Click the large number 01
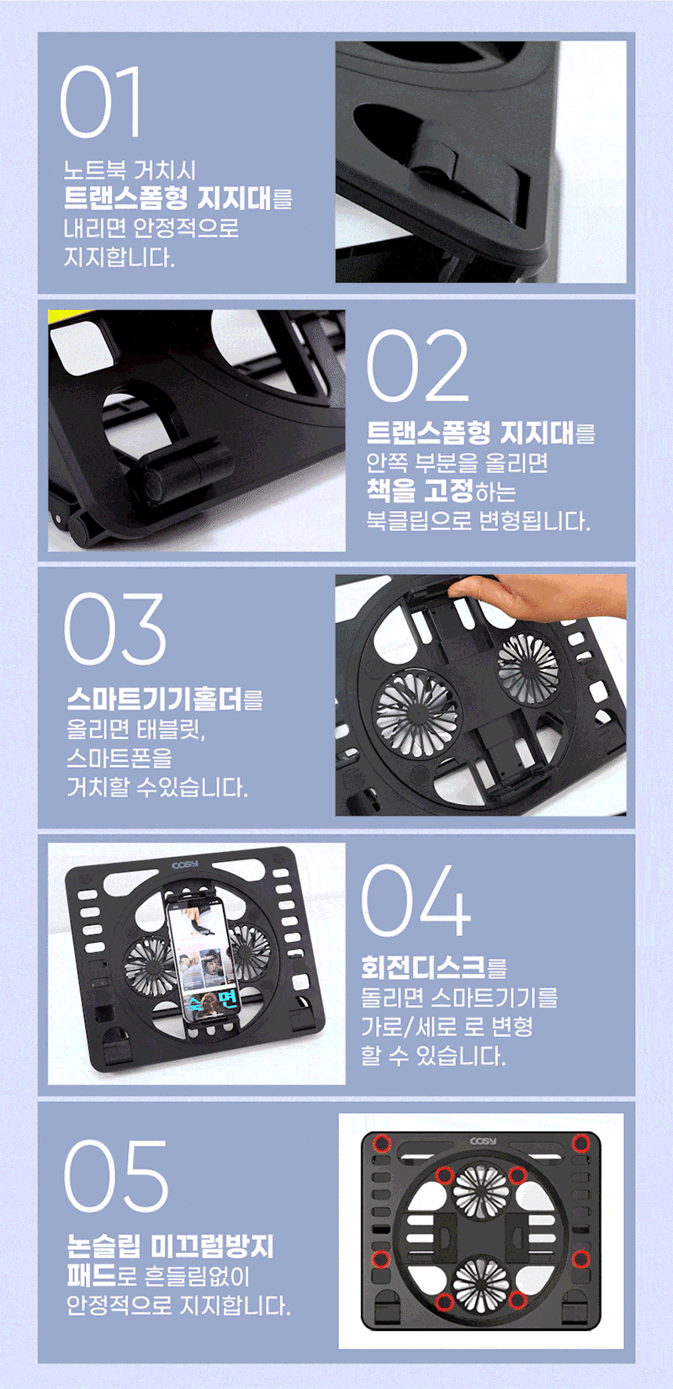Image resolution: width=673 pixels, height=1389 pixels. pyautogui.click(x=100, y=102)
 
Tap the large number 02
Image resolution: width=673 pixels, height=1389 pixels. pyautogui.click(x=417, y=365)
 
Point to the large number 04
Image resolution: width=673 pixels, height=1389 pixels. pyautogui.click(x=416, y=901)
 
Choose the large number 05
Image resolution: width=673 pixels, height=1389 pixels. pyautogui.click(x=116, y=1176)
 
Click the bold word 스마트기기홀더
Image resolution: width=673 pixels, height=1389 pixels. pyautogui.click(x=155, y=700)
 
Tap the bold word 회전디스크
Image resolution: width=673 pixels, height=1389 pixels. pyautogui.click(x=423, y=966)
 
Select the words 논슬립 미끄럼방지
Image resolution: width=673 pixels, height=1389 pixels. pyautogui.click(x=170, y=1247)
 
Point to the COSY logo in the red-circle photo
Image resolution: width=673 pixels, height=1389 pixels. pyautogui.click(x=483, y=1141)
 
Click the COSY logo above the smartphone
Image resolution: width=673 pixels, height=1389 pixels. pyautogui.click(x=185, y=865)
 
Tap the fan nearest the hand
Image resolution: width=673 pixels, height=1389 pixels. pyautogui.click(x=527, y=665)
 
